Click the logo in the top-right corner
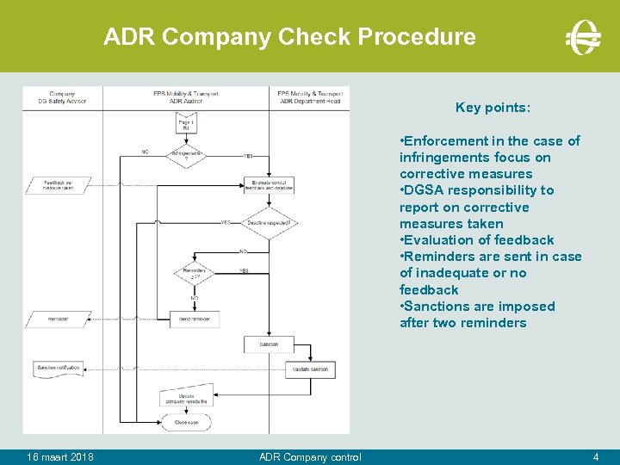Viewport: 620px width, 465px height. pyautogui.click(x=583, y=37)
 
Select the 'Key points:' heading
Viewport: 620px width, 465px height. pyautogui.click(x=493, y=108)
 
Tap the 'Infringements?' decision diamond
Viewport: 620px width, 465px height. pyautogui.click(x=186, y=154)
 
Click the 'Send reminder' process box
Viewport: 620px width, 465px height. pyautogui.click(x=194, y=319)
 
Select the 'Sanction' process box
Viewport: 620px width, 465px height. pyautogui.click(x=269, y=344)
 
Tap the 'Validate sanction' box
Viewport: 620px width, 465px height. pyautogui.click(x=309, y=369)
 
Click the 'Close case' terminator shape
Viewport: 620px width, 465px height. pyautogui.click(x=186, y=421)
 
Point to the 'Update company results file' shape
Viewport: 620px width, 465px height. pyautogui.click(x=186, y=397)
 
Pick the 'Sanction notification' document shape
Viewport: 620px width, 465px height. pyautogui.click(x=59, y=369)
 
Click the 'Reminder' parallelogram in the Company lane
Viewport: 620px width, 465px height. pyautogui.click(x=59, y=319)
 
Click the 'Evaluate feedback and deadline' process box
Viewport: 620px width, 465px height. pyautogui.click(x=269, y=184)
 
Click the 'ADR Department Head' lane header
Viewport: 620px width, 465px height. pyautogui.click(x=309, y=96)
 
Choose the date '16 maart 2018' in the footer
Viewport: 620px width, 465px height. pyautogui.click(x=60, y=456)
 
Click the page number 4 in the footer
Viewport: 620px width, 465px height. pyautogui.click(x=595, y=456)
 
